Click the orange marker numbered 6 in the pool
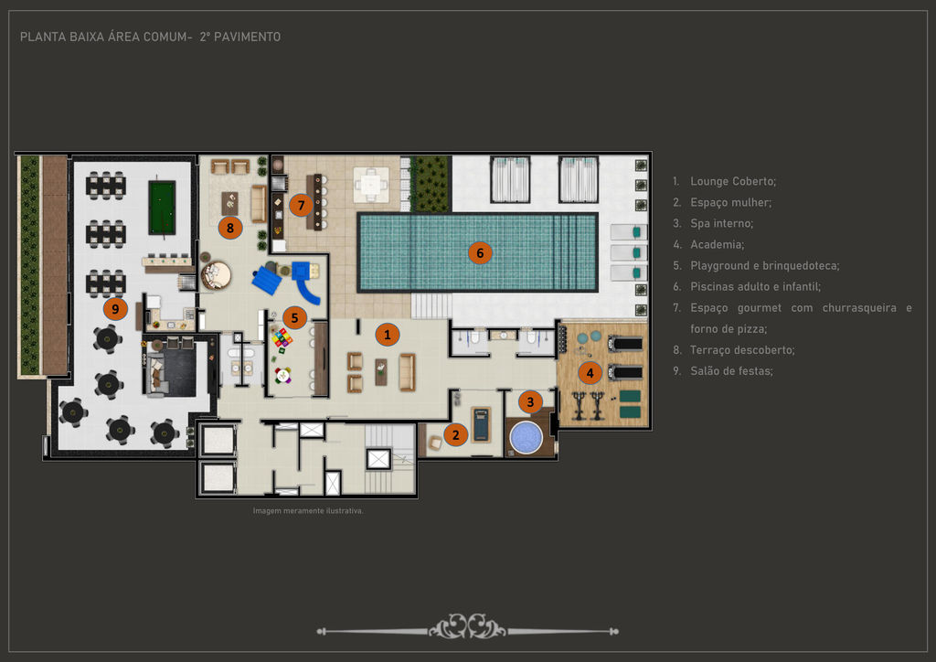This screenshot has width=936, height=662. [480, 253]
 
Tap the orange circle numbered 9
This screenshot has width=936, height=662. [115, 309]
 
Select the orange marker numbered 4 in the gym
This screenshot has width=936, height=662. [590, 373]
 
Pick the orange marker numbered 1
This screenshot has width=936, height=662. [388, 335]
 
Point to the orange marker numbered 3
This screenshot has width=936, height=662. [530, 401]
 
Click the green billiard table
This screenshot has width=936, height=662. [162, 208]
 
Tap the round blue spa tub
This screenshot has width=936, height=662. [526, 438]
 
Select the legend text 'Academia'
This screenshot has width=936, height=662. [717, 245]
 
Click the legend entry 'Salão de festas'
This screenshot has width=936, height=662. [731, 371]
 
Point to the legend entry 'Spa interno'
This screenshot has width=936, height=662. [722, 223]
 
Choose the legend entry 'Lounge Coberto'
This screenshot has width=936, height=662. [733, 181]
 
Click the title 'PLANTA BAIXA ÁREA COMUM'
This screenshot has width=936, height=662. [106, 37]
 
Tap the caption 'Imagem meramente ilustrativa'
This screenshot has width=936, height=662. [307, 511]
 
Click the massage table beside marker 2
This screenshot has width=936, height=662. [481, 424]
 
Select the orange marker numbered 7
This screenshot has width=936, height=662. [301, 206]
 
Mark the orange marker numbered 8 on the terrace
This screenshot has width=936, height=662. [229, 228]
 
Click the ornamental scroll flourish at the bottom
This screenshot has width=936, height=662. [467, 627]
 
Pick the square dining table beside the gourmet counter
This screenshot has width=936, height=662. [371, 184]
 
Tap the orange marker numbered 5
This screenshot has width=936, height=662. [294, 318]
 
